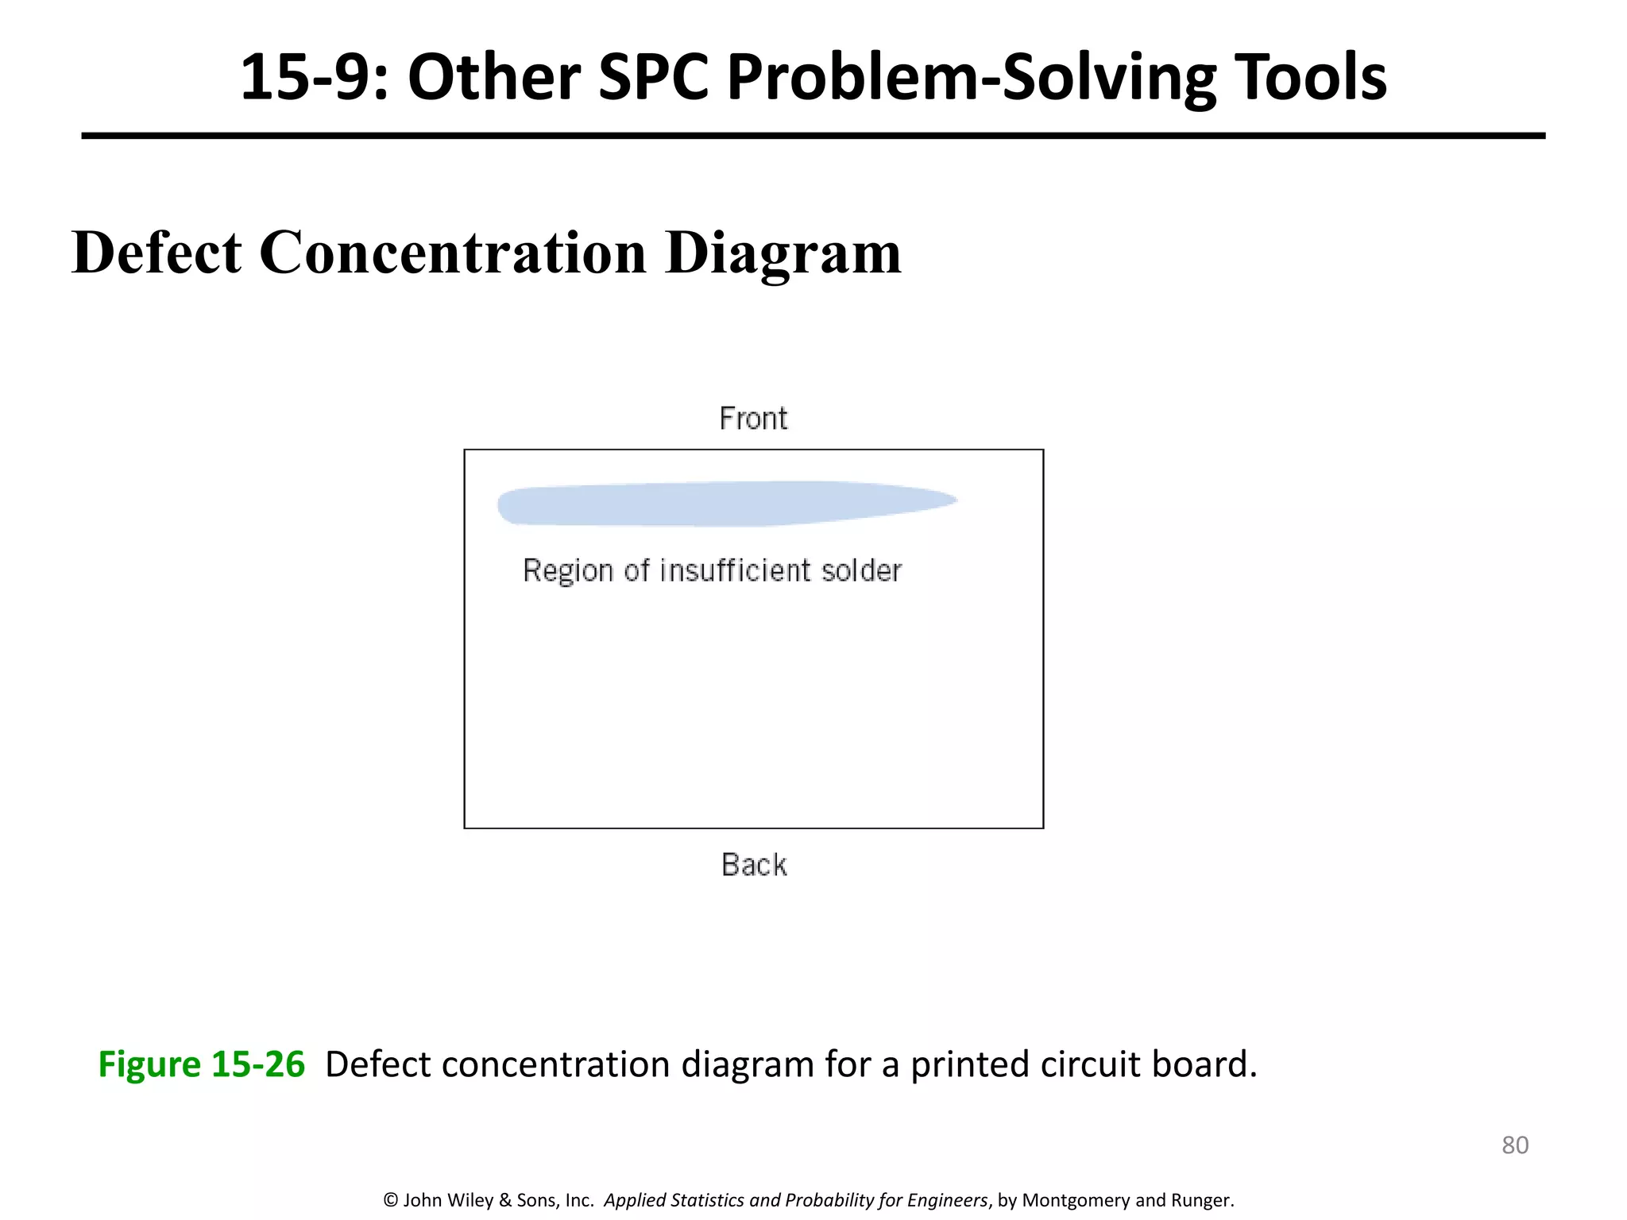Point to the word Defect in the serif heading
157,253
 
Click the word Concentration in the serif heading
453,253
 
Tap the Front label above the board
753,419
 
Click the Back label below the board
754,865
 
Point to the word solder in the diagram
862,570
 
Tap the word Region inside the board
568,571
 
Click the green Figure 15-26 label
201,1064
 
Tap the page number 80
1514,1145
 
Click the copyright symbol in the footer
390,1200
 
